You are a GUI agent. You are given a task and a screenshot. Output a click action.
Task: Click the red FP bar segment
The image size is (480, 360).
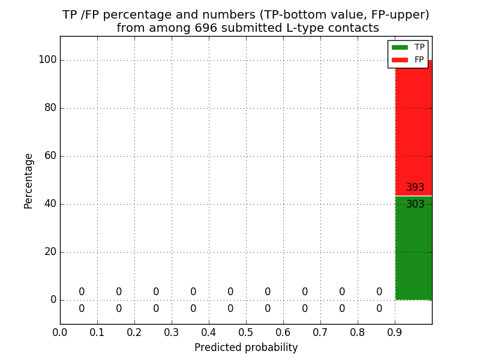pyautogui.click(x=413, y=120)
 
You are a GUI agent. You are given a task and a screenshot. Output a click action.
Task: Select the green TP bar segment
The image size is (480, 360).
pyautogui.click(x=413, y=252)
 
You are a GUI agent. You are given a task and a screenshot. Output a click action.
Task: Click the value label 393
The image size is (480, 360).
pyautogui.click(x=415, y=188)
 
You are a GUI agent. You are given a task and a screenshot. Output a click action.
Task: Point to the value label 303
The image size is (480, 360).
pyautogui.click(x=415, y=205)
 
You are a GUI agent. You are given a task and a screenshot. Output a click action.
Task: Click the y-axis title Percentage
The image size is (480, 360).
pyautogui.click(x=29, y=181)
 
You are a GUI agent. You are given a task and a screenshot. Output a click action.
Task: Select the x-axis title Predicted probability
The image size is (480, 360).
pyautogui.click(x=246, y=347)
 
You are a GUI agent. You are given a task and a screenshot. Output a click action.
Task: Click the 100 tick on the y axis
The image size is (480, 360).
pyautogui.click(x=47, y=59)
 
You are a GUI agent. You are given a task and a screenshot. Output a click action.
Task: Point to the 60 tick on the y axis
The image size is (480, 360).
pyautogui.click(x=50, y=156)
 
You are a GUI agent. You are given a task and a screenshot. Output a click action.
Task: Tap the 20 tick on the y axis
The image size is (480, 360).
pyautogui.click(x=50, y=252)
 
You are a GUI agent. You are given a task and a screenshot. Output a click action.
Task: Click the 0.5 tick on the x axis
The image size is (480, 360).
pyautogui.click(x=246, y=332)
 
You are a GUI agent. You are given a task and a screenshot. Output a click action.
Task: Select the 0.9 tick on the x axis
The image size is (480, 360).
pyautogui.click(x=395, y=332)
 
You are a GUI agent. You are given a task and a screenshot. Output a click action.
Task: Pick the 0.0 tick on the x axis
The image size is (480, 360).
pyautogui.click(x=60, y=332)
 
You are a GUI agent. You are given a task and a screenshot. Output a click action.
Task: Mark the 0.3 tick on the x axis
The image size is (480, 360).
pyautogui.click(x=172, y=332)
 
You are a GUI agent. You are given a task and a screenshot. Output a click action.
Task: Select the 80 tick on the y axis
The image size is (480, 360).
pyautogui.click(x=50, y=108)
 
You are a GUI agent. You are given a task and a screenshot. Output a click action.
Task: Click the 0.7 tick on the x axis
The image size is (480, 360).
pyautogui.click(x=320, y=332)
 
